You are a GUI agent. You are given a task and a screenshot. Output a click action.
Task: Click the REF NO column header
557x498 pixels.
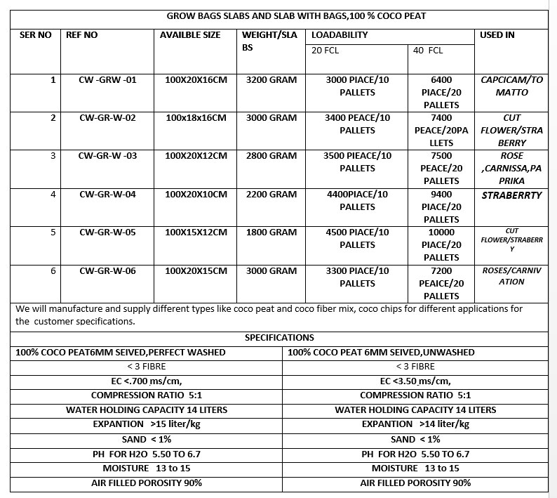click(81, 35)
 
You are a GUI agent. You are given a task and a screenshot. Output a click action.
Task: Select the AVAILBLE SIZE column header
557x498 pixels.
click(190, 35)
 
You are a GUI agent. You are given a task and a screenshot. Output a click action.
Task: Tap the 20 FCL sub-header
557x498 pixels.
click(325, 51)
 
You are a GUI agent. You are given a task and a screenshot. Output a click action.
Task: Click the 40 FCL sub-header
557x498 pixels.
click(428, 51)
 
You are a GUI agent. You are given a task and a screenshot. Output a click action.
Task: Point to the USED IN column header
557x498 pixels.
click(497, 35)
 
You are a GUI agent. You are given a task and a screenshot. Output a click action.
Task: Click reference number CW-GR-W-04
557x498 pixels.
click(107, 195)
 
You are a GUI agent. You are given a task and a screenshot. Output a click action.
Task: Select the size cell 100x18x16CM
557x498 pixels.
click(196, 118)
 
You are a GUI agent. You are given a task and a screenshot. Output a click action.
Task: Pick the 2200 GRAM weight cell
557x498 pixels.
click(271, 195)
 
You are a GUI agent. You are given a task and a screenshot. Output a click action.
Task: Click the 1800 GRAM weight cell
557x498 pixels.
click(271, 232)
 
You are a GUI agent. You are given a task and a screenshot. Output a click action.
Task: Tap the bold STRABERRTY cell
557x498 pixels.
click(511, 195)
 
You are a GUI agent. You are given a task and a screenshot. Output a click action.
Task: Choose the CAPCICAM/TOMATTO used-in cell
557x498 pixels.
click(511, 86)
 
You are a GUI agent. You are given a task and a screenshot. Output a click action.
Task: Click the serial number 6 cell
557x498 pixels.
click(53, 271)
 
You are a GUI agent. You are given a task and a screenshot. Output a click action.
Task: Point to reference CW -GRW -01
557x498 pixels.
click(107, 80)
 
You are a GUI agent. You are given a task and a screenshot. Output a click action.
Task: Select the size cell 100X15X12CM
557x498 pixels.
click(196, 232)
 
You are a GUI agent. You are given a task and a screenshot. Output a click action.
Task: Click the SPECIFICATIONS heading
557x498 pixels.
click(279, 338)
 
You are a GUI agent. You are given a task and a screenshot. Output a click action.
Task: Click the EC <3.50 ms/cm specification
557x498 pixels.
click(415, 381)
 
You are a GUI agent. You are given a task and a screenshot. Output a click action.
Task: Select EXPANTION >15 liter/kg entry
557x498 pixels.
click(147, 424)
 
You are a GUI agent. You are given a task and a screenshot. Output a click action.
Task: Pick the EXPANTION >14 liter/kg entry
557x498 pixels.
click(415, 424)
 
